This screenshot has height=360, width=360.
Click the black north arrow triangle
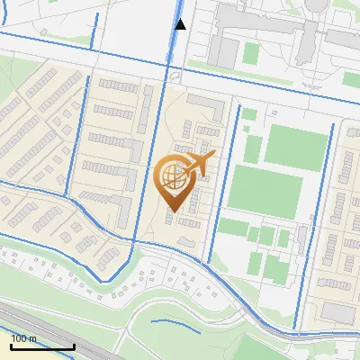pyautogui.click(x=181, y=24)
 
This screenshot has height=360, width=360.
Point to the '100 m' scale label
pyautogui.click(x=23, y=338)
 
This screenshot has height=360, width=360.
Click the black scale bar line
pyautogui.click(x=42, y=346)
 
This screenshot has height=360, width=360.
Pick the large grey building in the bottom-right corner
pyautogui.click(x=339, y=311)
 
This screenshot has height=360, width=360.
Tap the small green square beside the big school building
pyautogui.click(x=248, y=114)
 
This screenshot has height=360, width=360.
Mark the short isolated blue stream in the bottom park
pyautogui.click(x=175, y=322)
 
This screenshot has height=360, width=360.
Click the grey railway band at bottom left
pyautogui.click(x=45, y=324)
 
